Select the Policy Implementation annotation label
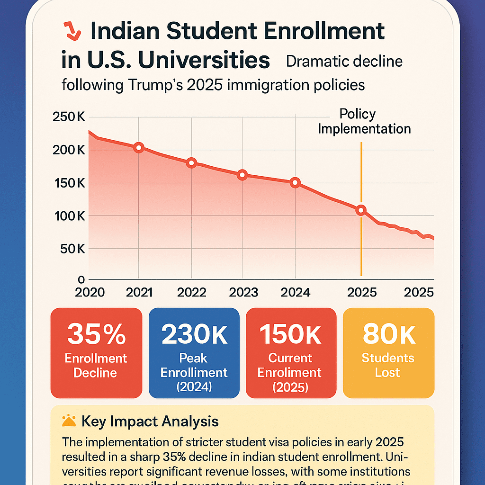pyautogui.click(x=364, y=121)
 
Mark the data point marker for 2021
pyautogui.click(x=138, y=147)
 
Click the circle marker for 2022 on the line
pyautogui.click(x=191, y=163)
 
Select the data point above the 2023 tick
pyautogui.click(x=242, y=175)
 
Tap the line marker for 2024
pyautogui.click(x=295, y=182)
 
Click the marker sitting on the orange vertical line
pyautogui.click(x=361, y=210)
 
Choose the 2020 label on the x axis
pyautogui.click(x=90, y=292)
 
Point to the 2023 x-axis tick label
pyautogui.click(x=243, y=292)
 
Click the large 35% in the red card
pyautogui.click(x=96, y=334)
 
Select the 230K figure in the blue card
pyautogui.click(x=194, y=334)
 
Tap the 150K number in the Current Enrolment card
pyautogui.click(x=291, y=334)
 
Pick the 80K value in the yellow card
pyautogui.click(x=388, y=334)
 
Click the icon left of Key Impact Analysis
pyautogui.click(x=69, y=421)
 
